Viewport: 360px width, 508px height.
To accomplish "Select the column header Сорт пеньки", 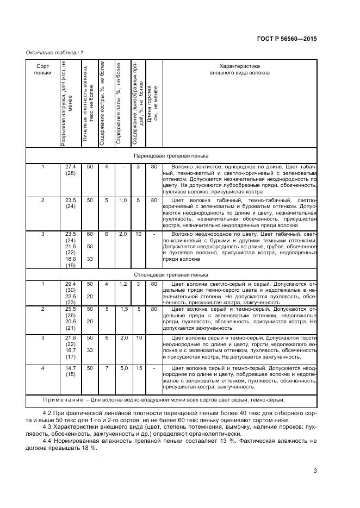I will (x=42, y=68).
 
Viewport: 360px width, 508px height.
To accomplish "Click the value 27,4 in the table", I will (x=70, y=167).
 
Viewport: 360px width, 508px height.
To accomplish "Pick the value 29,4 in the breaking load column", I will (x=70, y=284).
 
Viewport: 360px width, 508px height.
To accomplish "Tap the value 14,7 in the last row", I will (x=70, y=368).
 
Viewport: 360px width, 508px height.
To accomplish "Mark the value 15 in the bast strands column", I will (x=139, y=368).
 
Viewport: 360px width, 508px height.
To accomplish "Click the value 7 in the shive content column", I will (x=107, y=368).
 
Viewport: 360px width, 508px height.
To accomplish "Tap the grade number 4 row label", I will (x=42, y=368).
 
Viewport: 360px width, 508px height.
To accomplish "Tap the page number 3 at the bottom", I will (x=315, y=471).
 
